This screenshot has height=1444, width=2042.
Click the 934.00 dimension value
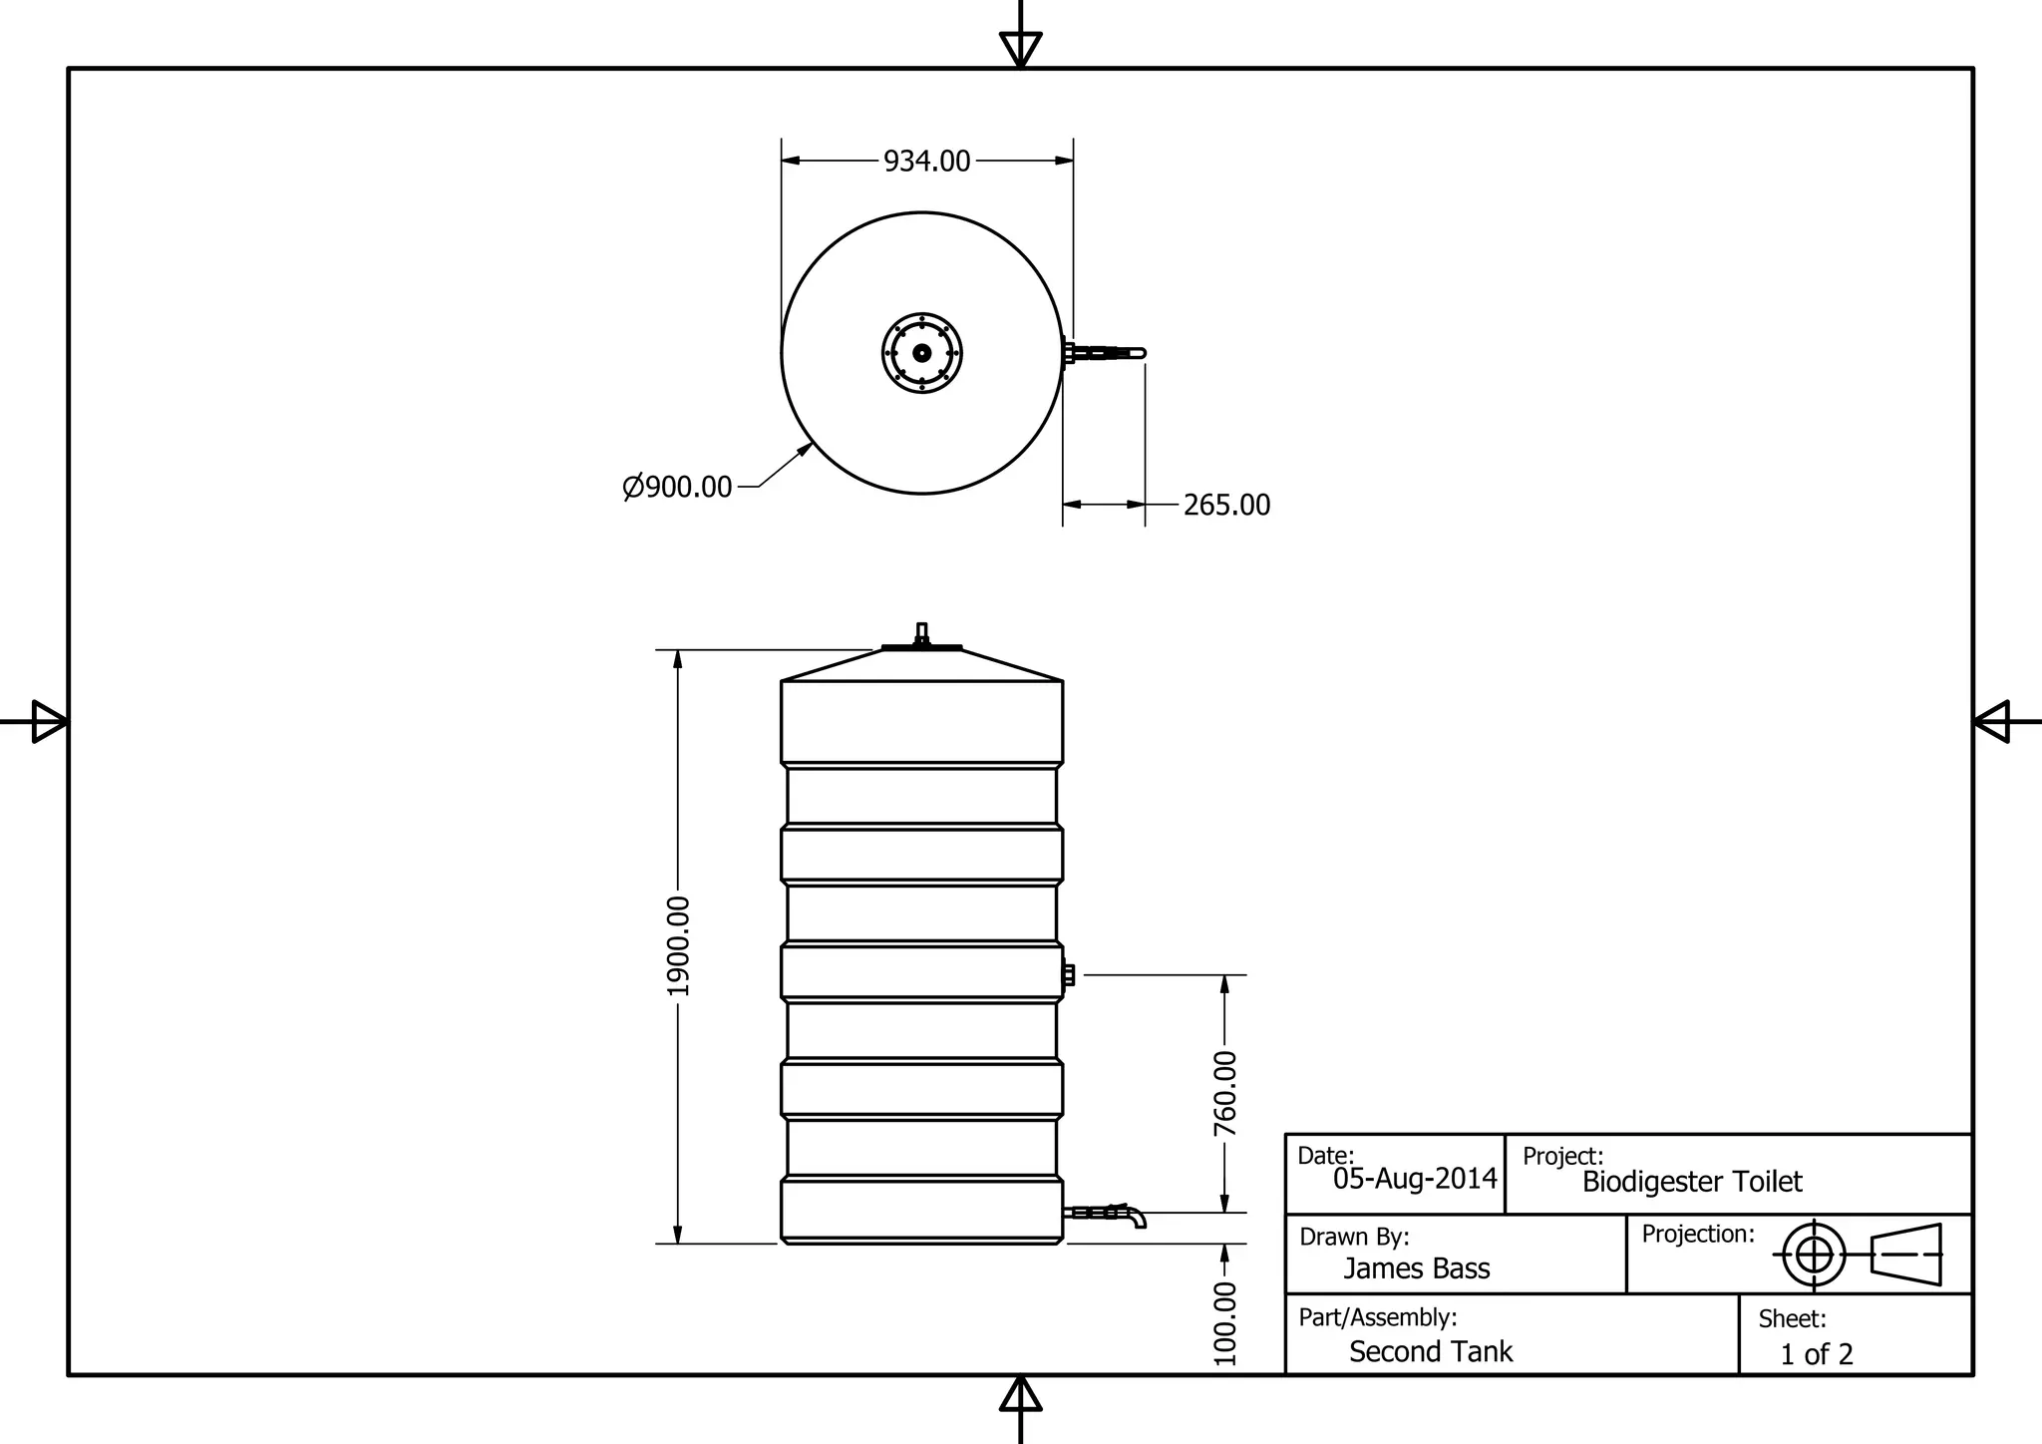926,161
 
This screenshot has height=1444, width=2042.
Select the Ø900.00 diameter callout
678,487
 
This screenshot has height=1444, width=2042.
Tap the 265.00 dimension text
1226,505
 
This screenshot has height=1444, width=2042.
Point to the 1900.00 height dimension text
678,945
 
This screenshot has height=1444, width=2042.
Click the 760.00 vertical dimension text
1224,1093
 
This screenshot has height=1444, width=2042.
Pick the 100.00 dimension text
1224,1322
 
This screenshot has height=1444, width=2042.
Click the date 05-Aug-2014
1415,1179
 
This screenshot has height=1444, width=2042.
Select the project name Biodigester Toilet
1692,1182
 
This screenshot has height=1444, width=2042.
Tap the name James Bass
1416,1268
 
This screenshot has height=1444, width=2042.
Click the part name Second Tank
1431,1351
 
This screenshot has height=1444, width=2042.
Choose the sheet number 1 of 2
1816,1354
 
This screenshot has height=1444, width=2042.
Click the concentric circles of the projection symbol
1814,1254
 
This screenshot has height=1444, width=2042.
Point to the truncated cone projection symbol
1906,1254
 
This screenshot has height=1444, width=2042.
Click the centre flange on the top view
922,353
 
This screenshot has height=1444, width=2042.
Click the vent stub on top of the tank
921,633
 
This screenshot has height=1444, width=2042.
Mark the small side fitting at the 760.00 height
1068,974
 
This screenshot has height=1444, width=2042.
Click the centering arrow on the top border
1020,49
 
